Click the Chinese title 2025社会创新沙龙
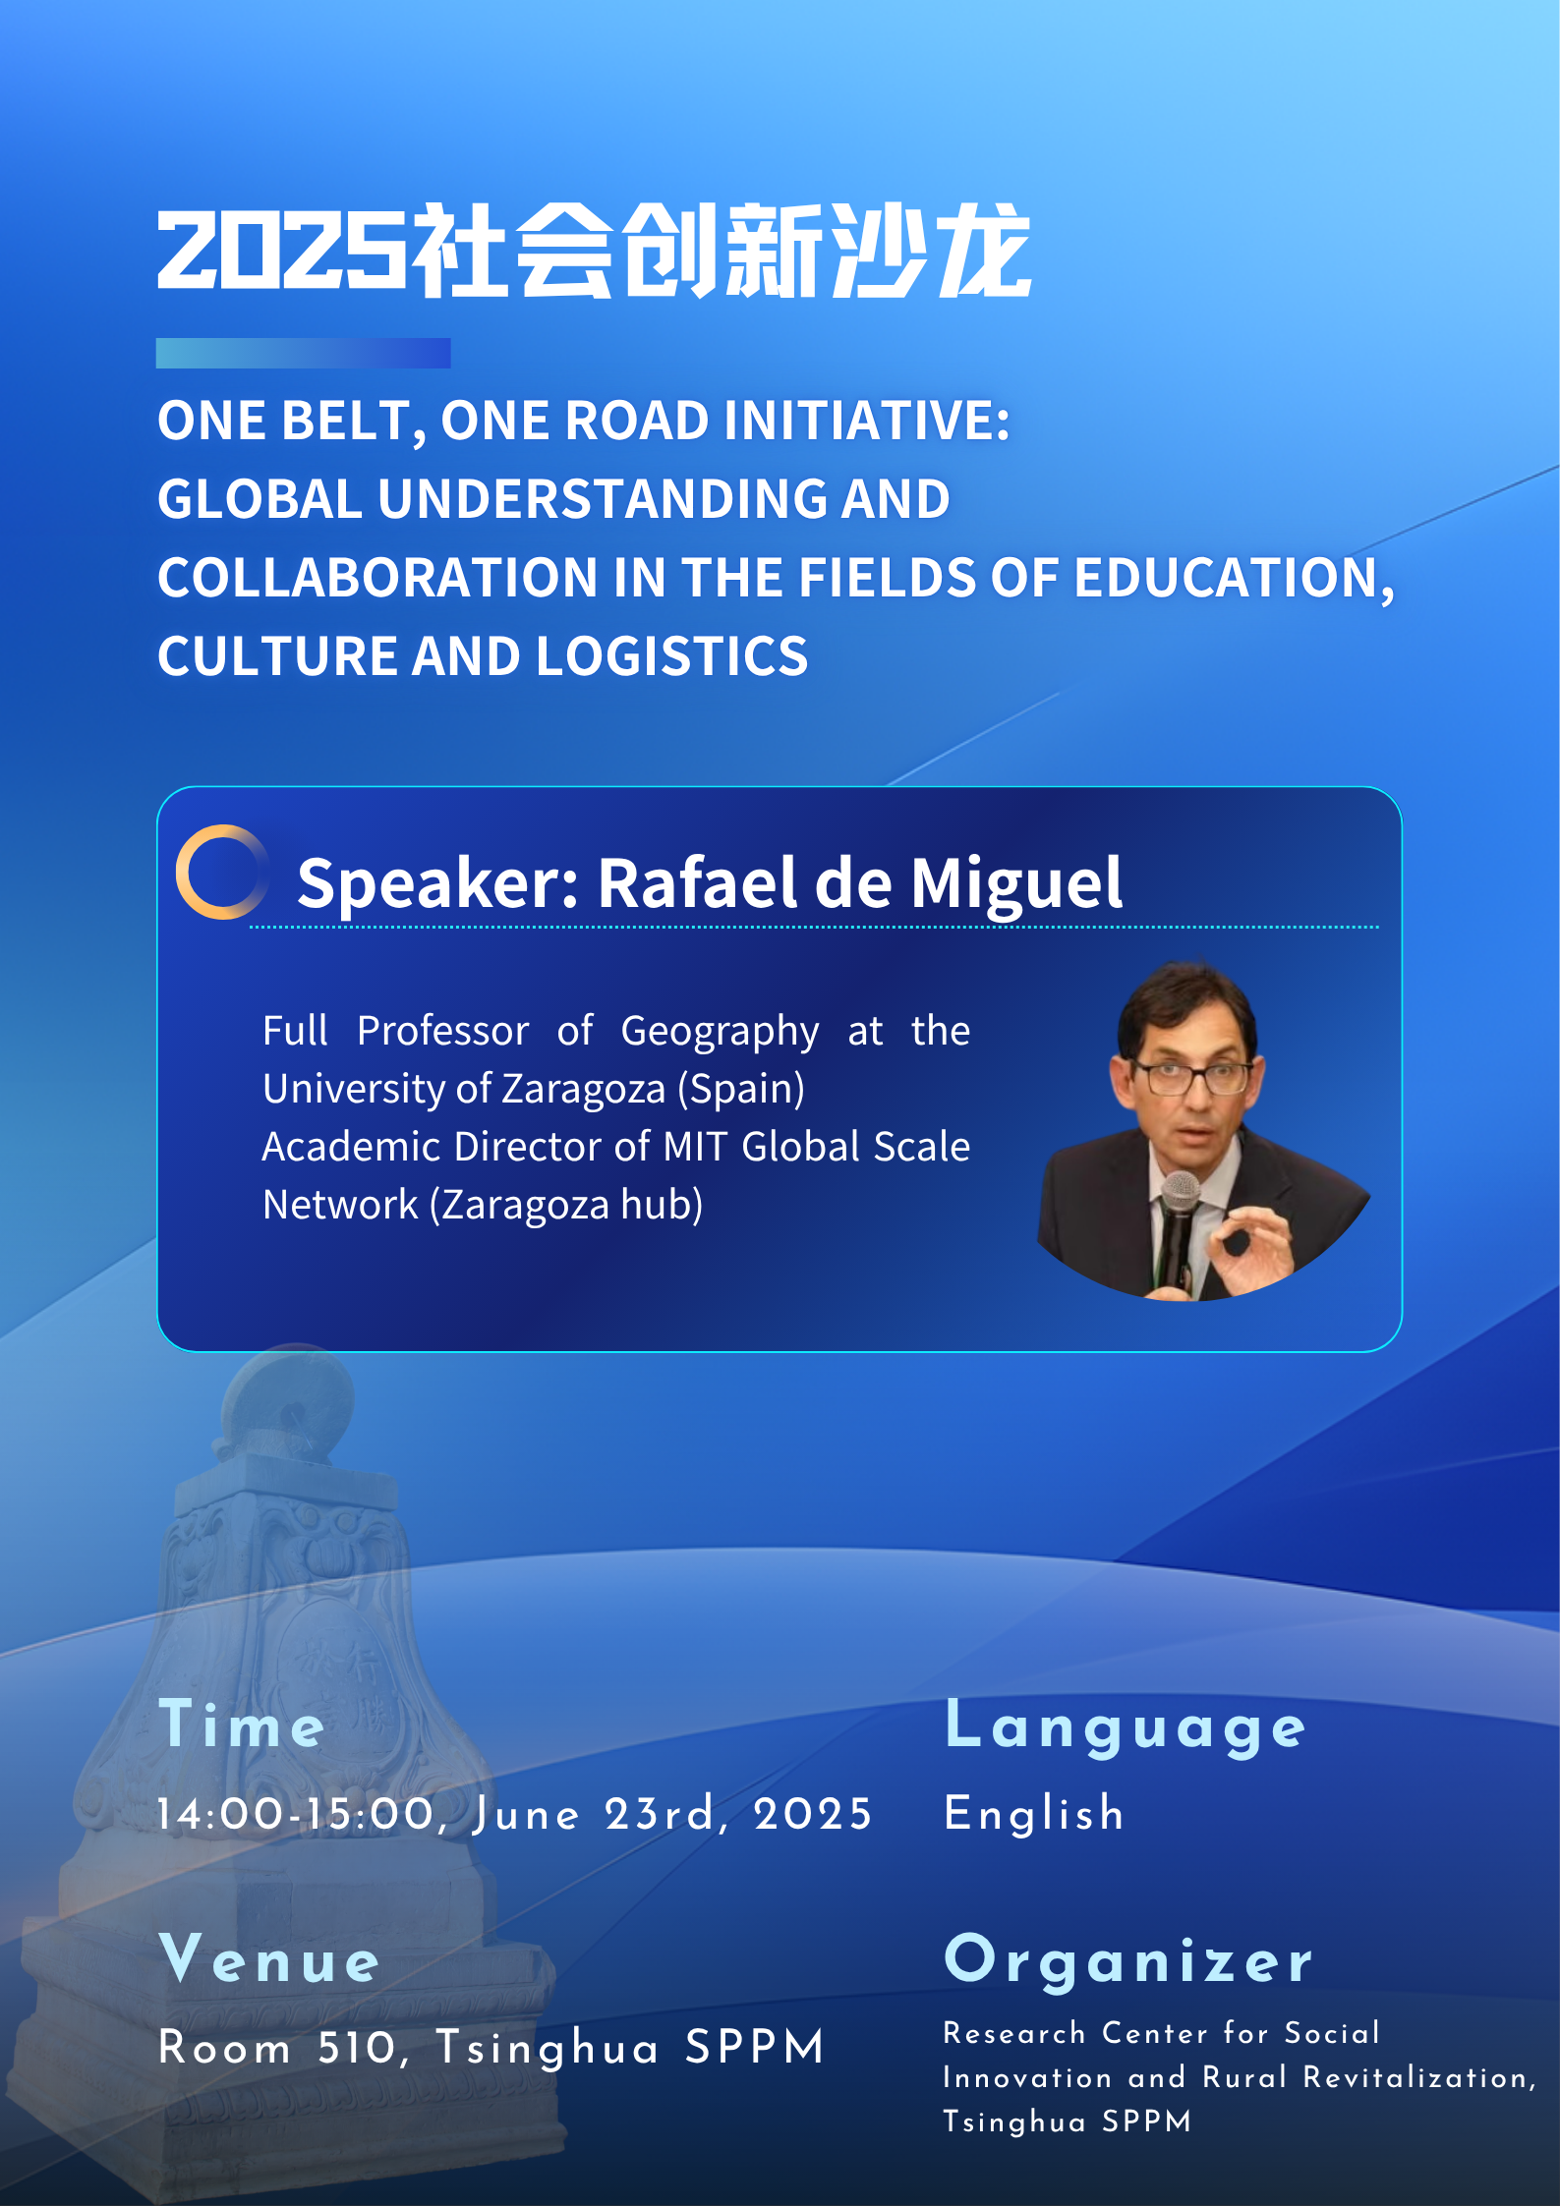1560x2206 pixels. point(595,251)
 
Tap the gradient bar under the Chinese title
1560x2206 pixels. point(303,353)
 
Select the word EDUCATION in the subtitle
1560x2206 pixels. point(1234,579)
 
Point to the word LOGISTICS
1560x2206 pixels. point(671,655)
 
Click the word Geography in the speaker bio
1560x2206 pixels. point(720,1033)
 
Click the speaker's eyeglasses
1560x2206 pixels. point(1191,1078)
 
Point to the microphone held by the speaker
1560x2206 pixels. point(1177,1228)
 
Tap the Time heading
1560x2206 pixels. point(242,1725)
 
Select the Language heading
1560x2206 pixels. point(1126,1727)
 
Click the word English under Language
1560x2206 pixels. point(1034,1814)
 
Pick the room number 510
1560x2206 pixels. point(359,2049)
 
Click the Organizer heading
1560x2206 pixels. point(1128,1961)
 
